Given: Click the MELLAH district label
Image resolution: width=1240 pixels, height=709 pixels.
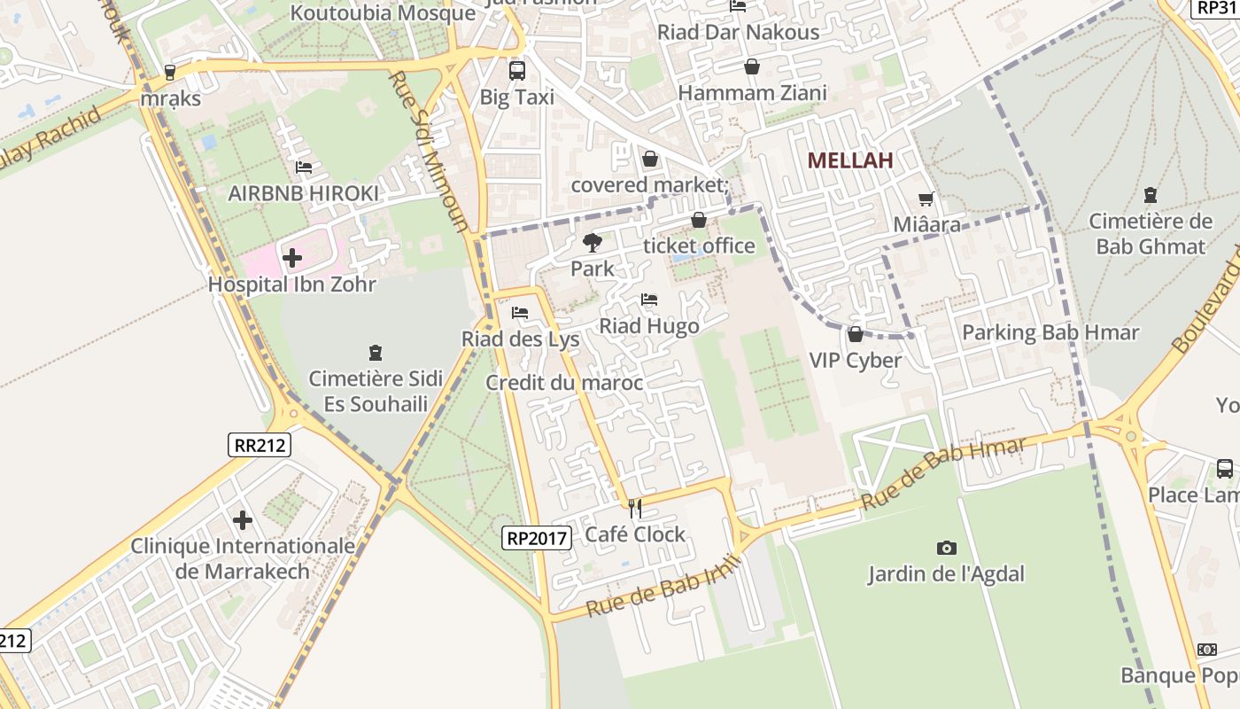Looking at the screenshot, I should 849,160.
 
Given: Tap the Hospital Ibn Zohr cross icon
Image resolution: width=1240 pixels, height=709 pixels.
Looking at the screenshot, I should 292,259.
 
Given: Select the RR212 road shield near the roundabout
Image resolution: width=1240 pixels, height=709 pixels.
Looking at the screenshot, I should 259,444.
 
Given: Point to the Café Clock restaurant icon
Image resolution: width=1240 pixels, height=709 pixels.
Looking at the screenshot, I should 634,508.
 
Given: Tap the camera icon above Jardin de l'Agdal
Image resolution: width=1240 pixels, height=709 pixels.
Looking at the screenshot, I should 946,548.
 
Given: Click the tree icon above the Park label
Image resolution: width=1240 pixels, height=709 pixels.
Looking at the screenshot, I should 592,242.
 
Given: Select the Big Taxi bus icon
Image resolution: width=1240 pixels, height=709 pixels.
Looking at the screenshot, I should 516,71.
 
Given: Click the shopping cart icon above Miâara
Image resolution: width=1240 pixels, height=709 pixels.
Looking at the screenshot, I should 926,199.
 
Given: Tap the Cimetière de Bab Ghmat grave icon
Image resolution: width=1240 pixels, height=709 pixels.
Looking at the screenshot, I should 1150,194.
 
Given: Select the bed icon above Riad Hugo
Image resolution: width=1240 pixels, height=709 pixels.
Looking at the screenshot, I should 649,300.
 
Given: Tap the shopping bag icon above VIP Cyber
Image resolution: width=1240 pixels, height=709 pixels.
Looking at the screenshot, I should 855,334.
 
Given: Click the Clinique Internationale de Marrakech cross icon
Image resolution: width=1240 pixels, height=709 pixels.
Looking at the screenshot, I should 243,519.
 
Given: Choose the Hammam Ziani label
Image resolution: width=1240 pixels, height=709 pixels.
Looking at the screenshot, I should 752,93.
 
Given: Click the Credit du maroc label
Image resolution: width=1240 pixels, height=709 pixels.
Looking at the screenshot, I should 564,383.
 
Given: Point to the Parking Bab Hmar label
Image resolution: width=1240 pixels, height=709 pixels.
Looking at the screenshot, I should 1050,333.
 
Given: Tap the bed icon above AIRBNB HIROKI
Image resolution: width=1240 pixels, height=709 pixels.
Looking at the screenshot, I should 303,167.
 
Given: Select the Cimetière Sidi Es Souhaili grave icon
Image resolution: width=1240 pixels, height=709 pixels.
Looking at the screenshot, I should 375,352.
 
